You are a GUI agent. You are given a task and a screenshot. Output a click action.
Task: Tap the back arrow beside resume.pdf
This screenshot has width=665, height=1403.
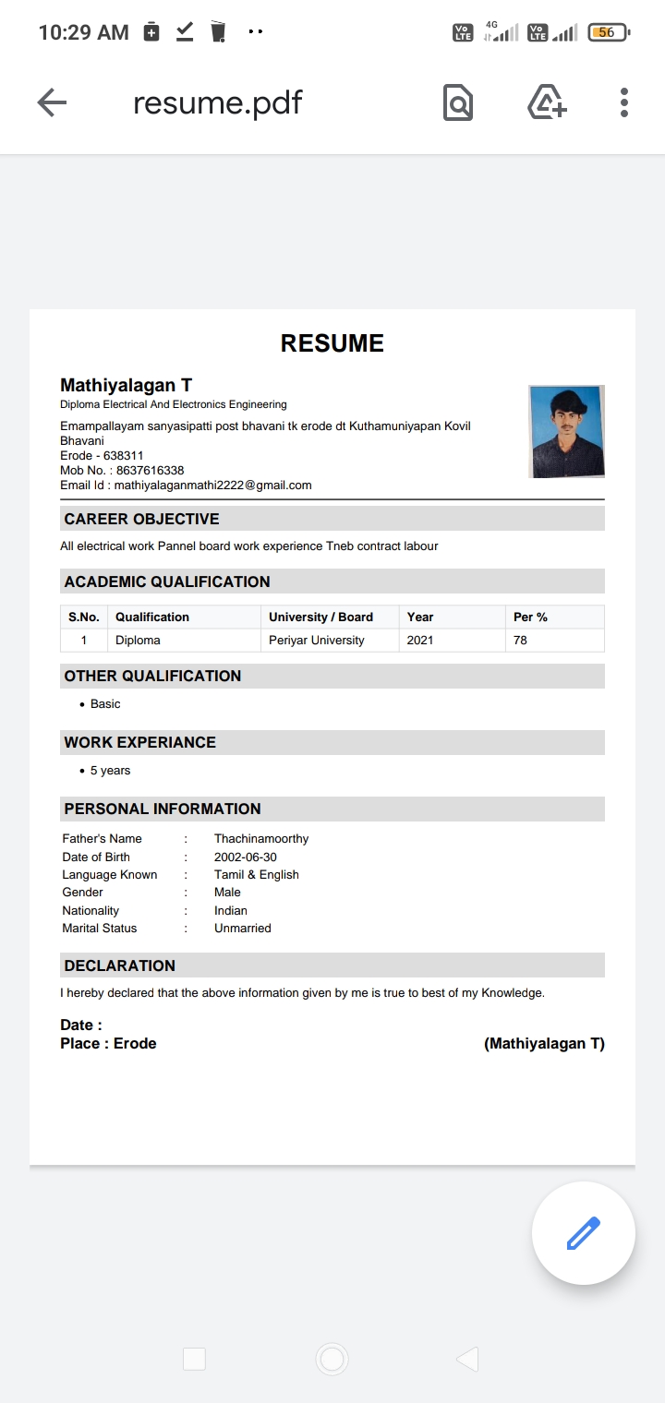pyautogui.click(x=52, y=103)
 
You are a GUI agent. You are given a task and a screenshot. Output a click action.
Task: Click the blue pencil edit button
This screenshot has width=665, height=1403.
pyautogui.click(x=583, y=1233)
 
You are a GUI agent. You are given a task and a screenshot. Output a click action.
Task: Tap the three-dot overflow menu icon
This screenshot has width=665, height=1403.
pyautogui.click(x=624, y=102)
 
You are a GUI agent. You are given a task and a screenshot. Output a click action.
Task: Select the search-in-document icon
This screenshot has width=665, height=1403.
pyautogui.click(x=457, y=102)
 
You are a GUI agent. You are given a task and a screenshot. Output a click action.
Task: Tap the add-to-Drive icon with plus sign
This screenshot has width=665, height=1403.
pyautogui.click(x=547, y=102)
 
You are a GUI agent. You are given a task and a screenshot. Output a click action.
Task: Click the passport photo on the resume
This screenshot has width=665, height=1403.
pyautogui.click(x=566, y=432)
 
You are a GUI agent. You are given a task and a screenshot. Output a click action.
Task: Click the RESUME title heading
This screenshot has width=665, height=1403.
pyautogui.click(x=332, y=343)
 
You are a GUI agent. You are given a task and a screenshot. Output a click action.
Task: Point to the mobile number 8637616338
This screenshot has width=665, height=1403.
pyautogui.click(x=150, y=471)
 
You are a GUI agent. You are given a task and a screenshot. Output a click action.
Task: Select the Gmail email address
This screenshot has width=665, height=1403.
pyautogui.click(x=212, y=485)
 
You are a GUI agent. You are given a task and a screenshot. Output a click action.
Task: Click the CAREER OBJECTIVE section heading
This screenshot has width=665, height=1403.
pyautogui.click(x=141, y=519)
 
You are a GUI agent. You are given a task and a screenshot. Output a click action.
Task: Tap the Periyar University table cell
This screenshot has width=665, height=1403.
pyautogui.click(x=316, y=641)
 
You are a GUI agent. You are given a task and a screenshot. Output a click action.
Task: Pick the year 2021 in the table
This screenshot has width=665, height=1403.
pyautogui.click(x=420, y=641)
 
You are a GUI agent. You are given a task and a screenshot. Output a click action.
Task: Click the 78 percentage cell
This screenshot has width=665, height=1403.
pyautogui.click(x=520, y=641)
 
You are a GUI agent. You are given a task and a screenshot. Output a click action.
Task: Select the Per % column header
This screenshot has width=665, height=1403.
pyautogui.click(x=530, y=617)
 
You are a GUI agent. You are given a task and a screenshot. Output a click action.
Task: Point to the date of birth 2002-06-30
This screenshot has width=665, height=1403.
pyautogui.click(x=245, y=857)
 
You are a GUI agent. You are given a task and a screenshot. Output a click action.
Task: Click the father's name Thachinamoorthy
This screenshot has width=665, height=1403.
pyautogui.click(x=261, y=839)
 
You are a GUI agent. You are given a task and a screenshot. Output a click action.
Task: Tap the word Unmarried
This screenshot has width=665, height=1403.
pyautogui.click(x=242, y=929)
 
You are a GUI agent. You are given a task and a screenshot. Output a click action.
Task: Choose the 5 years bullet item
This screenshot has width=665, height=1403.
pyautogui.click(x=110, y=771)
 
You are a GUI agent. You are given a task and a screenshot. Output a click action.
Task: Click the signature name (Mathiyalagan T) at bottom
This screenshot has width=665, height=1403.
pyautogui.click(x=544, y=1044)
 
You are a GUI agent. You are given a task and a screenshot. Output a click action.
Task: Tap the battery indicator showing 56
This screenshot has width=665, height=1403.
pyautogui.click(x=607, y=32)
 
